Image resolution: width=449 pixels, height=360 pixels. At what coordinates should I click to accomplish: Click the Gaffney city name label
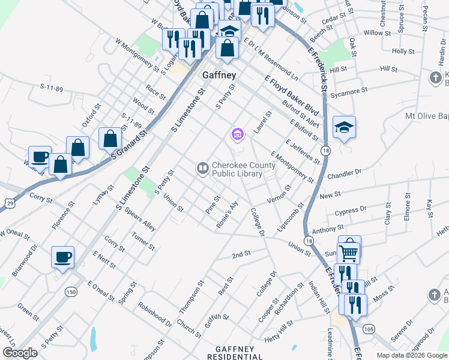click(x=219, y=76)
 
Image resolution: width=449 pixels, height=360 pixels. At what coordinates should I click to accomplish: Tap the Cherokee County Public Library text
click(x=238, y=170)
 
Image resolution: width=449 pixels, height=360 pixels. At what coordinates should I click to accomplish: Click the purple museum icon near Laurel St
click(x=237, y=134)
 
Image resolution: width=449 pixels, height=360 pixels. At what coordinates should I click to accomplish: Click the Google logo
click(x=20, y=353)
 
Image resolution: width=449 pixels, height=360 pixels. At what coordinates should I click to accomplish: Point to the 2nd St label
click(x=241, y=255)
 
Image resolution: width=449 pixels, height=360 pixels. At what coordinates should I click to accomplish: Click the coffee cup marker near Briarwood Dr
click(x=62, y=259)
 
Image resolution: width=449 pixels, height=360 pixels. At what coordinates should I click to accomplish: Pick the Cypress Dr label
click(x=351, y=211)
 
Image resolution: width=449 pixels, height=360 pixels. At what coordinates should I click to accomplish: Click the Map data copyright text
click(x=412, y=355)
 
